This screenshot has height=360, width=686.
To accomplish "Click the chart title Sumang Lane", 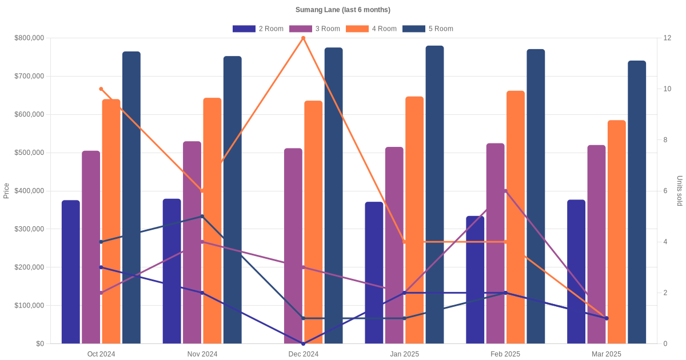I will point(342,10).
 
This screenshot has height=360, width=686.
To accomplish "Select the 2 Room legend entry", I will point(258,29).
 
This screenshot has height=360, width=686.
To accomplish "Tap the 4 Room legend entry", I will point(371,29).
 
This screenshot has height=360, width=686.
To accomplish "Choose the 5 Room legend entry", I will point(428,29).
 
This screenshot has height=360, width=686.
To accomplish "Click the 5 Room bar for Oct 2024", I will point(131,197).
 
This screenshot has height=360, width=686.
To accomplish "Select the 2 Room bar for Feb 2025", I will point(475,279).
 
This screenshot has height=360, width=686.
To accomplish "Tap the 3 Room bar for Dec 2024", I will point(293,246).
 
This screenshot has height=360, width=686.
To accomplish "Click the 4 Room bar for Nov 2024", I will point(212,221).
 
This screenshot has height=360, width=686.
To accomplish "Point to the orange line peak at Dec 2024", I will point(303,38).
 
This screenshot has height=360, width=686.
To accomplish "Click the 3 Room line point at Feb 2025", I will point(505,191).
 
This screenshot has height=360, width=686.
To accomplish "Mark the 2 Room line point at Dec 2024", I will point(303,343).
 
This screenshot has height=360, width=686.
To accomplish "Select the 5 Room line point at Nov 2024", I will point(202,217).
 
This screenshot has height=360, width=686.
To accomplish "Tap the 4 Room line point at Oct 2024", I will point(101,89).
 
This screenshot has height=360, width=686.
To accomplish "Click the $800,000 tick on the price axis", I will point(29,38).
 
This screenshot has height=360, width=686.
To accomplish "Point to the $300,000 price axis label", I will point(29,229).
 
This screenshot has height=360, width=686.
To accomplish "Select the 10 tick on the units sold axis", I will point(667,89).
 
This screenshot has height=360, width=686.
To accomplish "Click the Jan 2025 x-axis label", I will point(404,354).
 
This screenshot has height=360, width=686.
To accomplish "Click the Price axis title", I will point(6,191).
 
